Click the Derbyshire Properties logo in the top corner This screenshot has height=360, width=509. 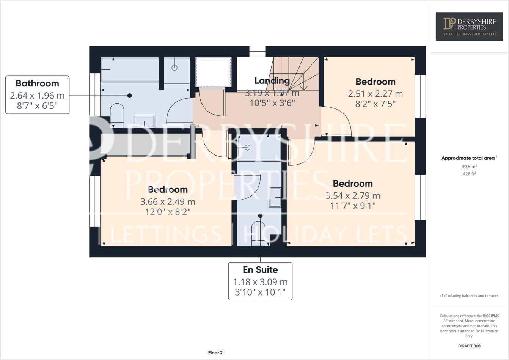[x=469, y=26]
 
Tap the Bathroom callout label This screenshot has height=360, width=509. [x=37, y=94]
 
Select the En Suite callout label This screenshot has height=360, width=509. [x=260, y=281]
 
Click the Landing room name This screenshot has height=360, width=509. [x=272, y=81]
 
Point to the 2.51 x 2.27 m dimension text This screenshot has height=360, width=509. [x=375, y=94]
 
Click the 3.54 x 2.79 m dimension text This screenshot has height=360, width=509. [x=353, y=196]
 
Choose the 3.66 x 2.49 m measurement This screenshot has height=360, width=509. [x=168, y=202]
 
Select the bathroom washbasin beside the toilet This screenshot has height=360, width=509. [x=144, y=121]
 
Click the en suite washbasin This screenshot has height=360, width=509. [x=275, y=197]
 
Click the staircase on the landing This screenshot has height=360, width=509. [x=294, y=74]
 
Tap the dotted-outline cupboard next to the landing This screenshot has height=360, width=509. [x=214, y=72]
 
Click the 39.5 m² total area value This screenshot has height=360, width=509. [x=469, y=167]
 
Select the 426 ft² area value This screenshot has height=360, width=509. [x=469, y=174]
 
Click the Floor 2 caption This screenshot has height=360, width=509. [x=215, y=353]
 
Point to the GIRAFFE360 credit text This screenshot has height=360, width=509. [x=469, y=346]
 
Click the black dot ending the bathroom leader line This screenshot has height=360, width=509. [x=130, y=96]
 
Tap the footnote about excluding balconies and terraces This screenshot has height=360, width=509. [x=469, y=296]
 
